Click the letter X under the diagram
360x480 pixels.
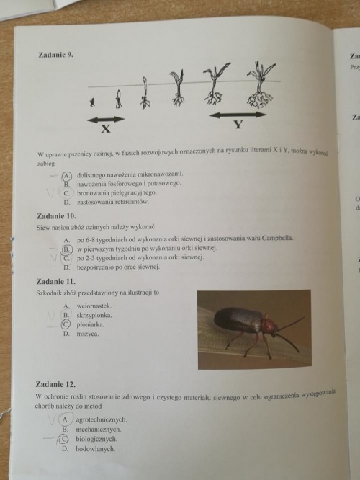click(106, 130)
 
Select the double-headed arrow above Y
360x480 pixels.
click(238, 114)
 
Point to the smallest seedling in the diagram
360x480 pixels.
click(91, 102)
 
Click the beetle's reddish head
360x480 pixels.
click(269, 326)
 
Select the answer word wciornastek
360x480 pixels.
click(94, 306)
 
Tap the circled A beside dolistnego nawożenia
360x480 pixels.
click(67, 174)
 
